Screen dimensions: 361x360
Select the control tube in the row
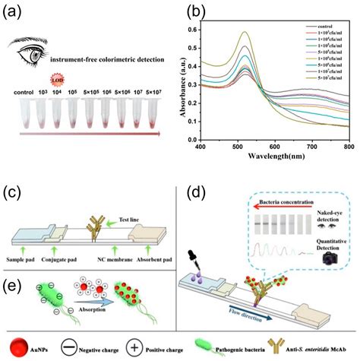pyautogui.click(x=25, y=111)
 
